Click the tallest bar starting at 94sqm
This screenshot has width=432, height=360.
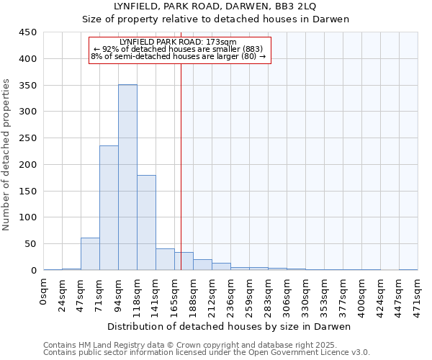(127, 177)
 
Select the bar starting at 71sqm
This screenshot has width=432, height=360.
(109, 208)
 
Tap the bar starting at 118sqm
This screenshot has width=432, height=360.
(146, 222)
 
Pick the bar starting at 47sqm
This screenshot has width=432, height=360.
(90, 253)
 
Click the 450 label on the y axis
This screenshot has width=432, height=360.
(29, 32)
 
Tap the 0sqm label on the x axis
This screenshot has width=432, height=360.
(44, 291)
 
